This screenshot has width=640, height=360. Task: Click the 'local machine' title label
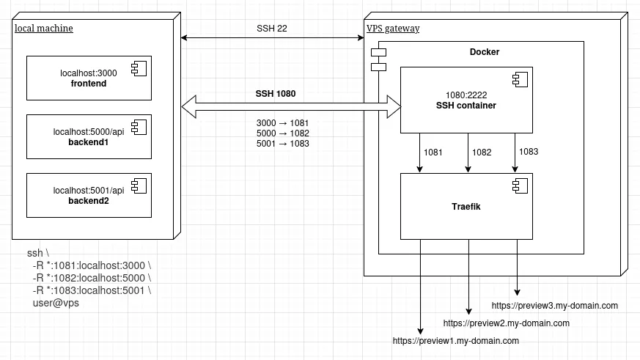point(44,29)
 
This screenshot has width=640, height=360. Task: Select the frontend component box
point(89,78)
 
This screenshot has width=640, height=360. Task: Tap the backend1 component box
point(89,136)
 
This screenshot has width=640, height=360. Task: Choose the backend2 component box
point(89,195)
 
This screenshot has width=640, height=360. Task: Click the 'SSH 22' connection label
point(271,28)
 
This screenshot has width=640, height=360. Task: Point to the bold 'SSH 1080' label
point(276,94)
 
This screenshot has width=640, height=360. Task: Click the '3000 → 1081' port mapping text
point(283,123)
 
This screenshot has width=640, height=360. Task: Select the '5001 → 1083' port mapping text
point(283,144)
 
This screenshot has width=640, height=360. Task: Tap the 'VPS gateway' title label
point(393,29)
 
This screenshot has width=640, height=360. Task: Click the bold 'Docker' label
point(485,52)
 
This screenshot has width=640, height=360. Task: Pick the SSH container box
point(466,100)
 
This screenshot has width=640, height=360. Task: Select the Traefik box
point(466,207)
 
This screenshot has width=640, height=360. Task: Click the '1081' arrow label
point(434,153)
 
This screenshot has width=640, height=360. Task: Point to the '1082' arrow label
point(482,153)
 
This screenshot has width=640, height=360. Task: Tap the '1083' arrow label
point(529,152)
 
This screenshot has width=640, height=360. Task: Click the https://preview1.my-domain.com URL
point(456,341)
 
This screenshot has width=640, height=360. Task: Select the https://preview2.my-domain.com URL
point(507,323)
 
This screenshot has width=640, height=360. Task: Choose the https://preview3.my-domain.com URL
point(555,306)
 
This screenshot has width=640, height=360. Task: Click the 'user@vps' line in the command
point(56,303)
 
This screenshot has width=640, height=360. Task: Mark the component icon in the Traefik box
point(517,184)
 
